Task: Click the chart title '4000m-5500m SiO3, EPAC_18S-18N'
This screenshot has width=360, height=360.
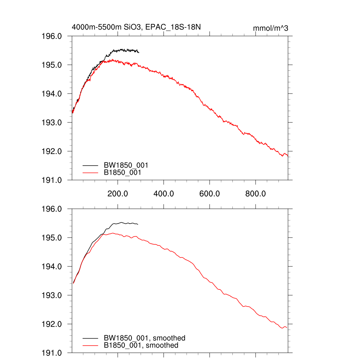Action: point(136,27)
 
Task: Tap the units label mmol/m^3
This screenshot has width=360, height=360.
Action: point(270,28)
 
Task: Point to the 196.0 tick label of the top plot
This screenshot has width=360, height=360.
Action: point(52,36)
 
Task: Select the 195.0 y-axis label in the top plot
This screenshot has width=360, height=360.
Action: point(52,65)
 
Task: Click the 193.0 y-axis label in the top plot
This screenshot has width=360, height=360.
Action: point(52,123)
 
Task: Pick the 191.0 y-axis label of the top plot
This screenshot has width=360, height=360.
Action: point(52,180)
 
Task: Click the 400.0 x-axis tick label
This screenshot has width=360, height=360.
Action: point(163,193)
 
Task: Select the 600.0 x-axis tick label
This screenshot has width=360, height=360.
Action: point(210,193)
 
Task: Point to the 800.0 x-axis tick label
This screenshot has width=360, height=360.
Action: point(255,193)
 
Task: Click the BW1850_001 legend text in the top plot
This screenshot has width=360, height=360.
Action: point(126,165)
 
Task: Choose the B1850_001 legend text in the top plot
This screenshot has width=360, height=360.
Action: point(124,173)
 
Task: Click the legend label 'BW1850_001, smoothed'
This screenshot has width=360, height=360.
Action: point(144,338)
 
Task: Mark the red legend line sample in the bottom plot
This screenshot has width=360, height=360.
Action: point(90,346)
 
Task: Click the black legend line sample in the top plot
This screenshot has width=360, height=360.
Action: point(90,165)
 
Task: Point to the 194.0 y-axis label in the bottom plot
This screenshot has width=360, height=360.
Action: point(52,266)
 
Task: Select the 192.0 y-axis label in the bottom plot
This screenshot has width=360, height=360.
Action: point(52,324)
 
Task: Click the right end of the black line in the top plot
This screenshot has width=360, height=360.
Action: point(139,52)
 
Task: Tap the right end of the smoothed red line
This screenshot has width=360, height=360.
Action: point(287,328)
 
